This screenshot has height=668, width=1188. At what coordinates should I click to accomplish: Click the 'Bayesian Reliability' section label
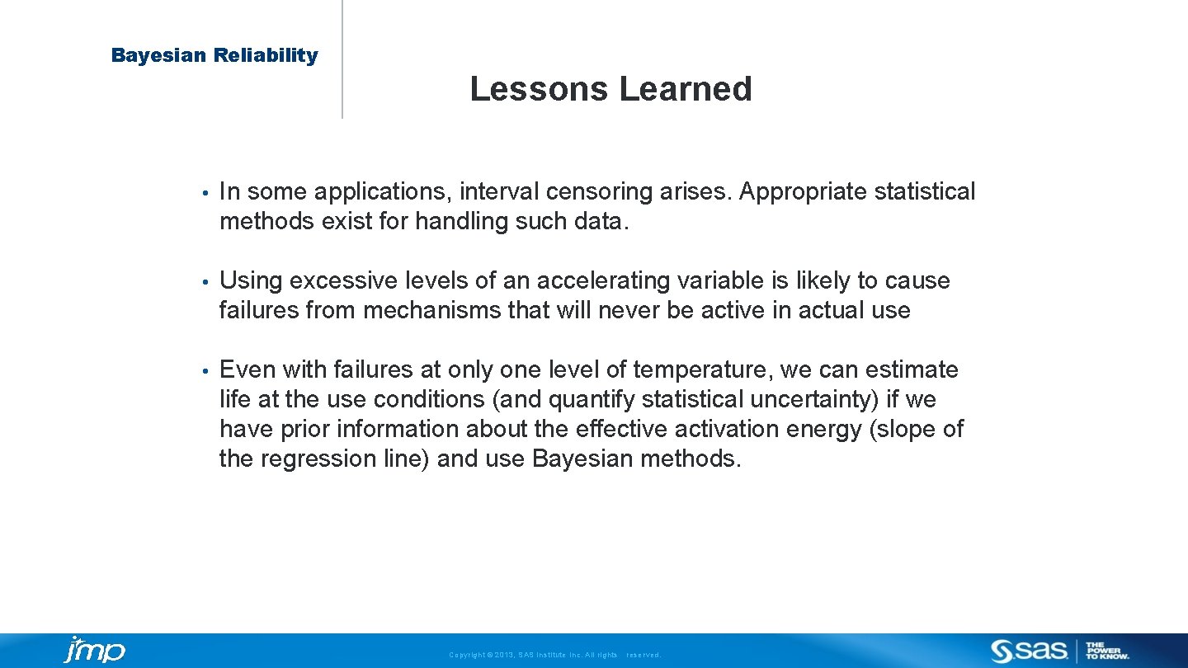(214, 55)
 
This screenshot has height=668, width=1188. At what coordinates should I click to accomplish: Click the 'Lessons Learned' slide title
(610, 89)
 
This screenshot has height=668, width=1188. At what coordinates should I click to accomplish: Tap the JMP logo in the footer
(95, 650)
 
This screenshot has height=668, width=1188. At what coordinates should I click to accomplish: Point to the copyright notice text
(554, 655)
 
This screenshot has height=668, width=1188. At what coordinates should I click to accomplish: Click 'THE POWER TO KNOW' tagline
(1107, 651)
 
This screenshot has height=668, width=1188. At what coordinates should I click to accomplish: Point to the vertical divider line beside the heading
(342, 59)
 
